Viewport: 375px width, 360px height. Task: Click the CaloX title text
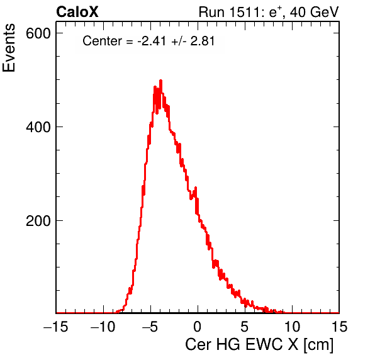(x=77, y=12)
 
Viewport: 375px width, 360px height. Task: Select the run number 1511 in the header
(x=245, y=12)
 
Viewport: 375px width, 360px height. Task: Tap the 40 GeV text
(x=314, y=12)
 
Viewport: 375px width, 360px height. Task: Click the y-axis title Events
(x=9, y=48)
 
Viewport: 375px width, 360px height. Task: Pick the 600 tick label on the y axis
(x=38, y=33)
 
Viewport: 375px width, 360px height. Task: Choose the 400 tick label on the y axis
(x=38, y=127)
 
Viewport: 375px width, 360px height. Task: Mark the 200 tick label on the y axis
(x=38, y=221)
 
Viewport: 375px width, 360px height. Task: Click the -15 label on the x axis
(x=56, y=326)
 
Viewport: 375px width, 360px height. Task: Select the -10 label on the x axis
(x=103, y=326)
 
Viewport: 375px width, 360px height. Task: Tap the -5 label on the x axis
(x=150, y=326)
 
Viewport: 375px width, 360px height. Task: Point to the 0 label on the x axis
(x=198, y=326)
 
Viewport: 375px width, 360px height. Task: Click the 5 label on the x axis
(x=244, y=326)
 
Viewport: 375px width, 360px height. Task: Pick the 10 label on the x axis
(x=292, y=326)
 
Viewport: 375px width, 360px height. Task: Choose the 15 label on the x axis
(x=339, y=326)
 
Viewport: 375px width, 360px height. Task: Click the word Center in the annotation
(x=102, y=41)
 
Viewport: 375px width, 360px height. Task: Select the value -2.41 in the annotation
(x=152, y=41)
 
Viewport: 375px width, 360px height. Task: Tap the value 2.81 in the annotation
(x=203, y=41)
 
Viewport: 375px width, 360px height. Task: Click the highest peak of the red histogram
(x=160, y=81)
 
